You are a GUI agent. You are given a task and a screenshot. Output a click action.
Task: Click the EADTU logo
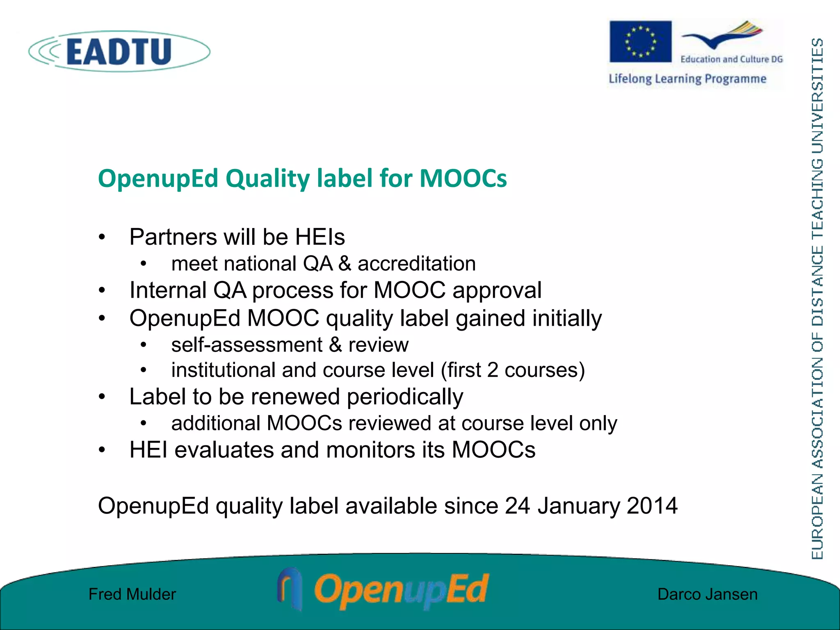click(119, 51)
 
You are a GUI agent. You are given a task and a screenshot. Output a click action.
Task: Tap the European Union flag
click(640, 41)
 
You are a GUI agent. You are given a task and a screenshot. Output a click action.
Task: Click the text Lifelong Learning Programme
click(687, 78)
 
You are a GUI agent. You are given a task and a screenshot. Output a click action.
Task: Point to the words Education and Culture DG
click(732, 59)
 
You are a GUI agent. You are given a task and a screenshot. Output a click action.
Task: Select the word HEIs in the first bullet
click(320, 237)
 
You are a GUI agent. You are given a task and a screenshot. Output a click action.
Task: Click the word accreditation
click(417, 263)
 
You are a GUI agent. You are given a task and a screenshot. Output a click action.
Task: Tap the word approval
click(497, 290)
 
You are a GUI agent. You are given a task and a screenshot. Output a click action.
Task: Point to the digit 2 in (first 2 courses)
click(493, 370)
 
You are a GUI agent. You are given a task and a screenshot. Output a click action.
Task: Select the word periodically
click(405, 397)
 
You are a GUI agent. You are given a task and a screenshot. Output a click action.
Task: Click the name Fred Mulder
click(132, 594)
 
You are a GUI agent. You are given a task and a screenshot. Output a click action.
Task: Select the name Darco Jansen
click(708, 594)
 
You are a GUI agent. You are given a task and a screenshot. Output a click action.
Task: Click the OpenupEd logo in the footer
click(383, 590)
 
